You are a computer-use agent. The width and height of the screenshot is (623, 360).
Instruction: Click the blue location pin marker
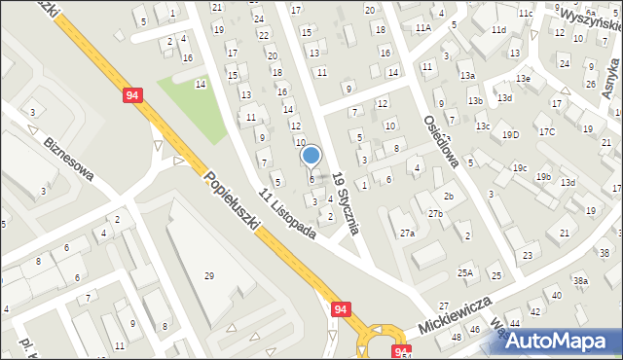pos(311,156)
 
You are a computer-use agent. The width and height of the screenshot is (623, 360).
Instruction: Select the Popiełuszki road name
pos(233,201)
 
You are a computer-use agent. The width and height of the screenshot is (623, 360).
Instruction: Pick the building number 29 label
pos(208,276)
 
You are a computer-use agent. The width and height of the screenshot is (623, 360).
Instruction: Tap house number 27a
pos(407,234)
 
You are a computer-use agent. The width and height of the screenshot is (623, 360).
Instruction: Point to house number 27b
pos(435,213)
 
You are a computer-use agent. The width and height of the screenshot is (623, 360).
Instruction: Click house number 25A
pos(465,272)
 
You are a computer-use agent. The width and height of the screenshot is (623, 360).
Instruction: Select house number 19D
pos(510,133)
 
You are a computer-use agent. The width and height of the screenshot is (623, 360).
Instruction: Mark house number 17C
pos(546,131)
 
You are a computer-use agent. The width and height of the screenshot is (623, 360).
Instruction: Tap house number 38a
pos(580,280)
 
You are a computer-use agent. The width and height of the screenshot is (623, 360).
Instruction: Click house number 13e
pos(524,78)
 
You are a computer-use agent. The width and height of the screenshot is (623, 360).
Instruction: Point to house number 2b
pos(449,197)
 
